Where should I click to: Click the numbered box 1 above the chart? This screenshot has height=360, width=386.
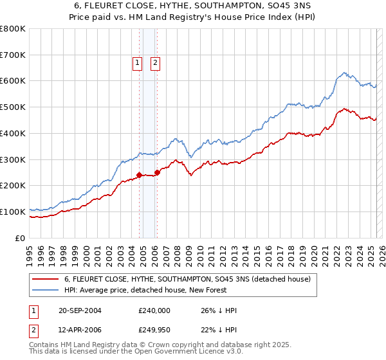click(138, 62)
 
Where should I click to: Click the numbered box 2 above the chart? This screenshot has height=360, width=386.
click(156, 62)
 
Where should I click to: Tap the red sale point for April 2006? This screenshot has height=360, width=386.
click(157, 172)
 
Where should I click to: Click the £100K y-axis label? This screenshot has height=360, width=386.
click(13, 212)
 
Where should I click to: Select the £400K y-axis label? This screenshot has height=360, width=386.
click(13, 133)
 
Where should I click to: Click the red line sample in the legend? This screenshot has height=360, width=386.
click(46, 279)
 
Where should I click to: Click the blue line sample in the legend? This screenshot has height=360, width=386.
click(46, 290)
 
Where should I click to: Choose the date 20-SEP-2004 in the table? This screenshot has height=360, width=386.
click(80, 310)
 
